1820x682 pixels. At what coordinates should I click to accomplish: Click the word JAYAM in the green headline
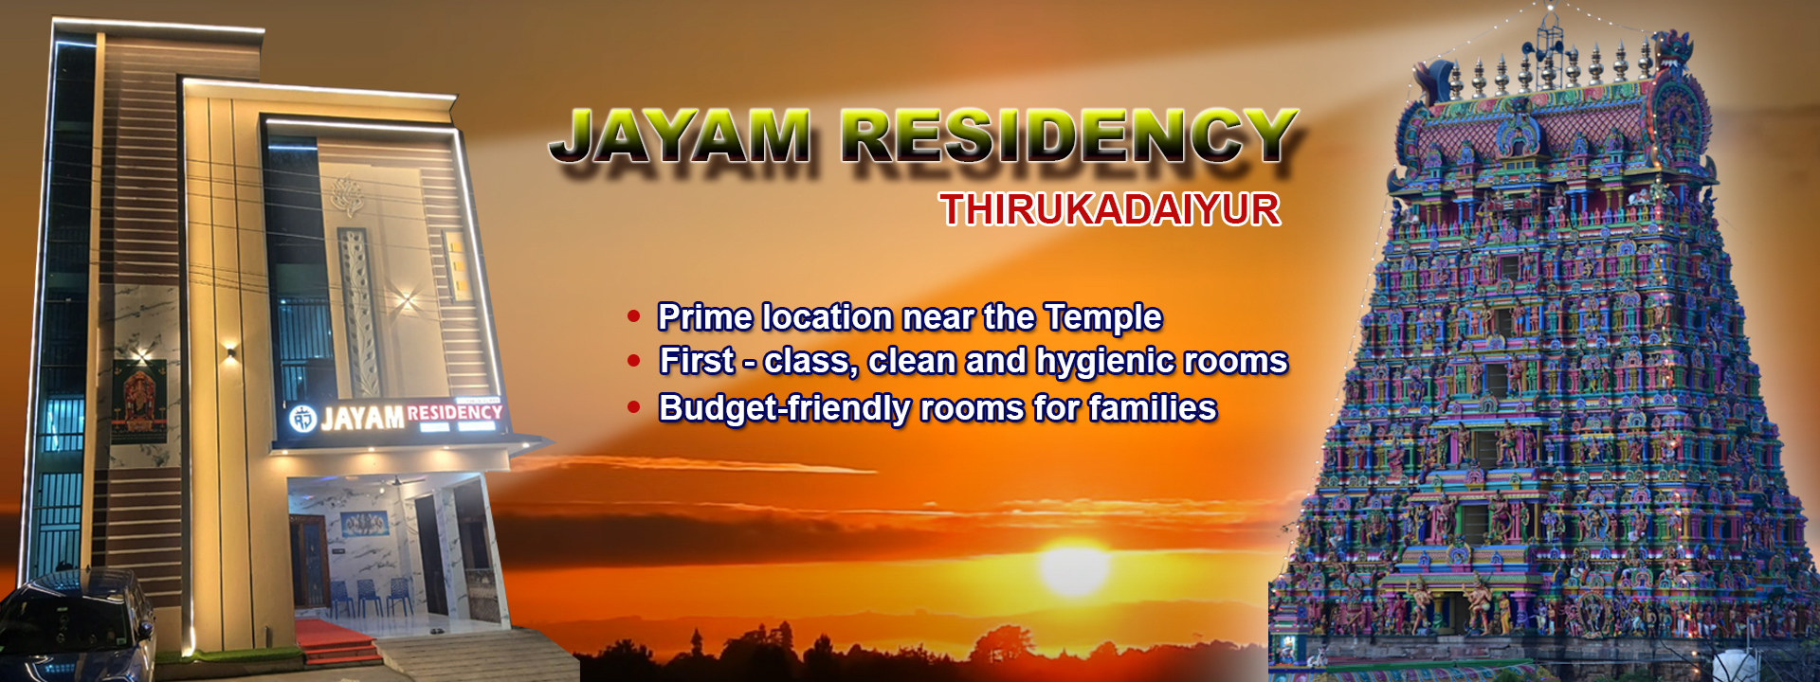tap(681, 136)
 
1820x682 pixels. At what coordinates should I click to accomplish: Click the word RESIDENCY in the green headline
tap(1070, 136)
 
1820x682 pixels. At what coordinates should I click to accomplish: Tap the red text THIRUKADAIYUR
tap(1110, 209)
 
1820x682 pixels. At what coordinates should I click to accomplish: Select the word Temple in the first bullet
tap(1103, 318)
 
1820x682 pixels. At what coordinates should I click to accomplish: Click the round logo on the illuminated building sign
tap(302, 419)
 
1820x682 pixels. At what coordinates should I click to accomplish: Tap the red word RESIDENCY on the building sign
tap(454, 412)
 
